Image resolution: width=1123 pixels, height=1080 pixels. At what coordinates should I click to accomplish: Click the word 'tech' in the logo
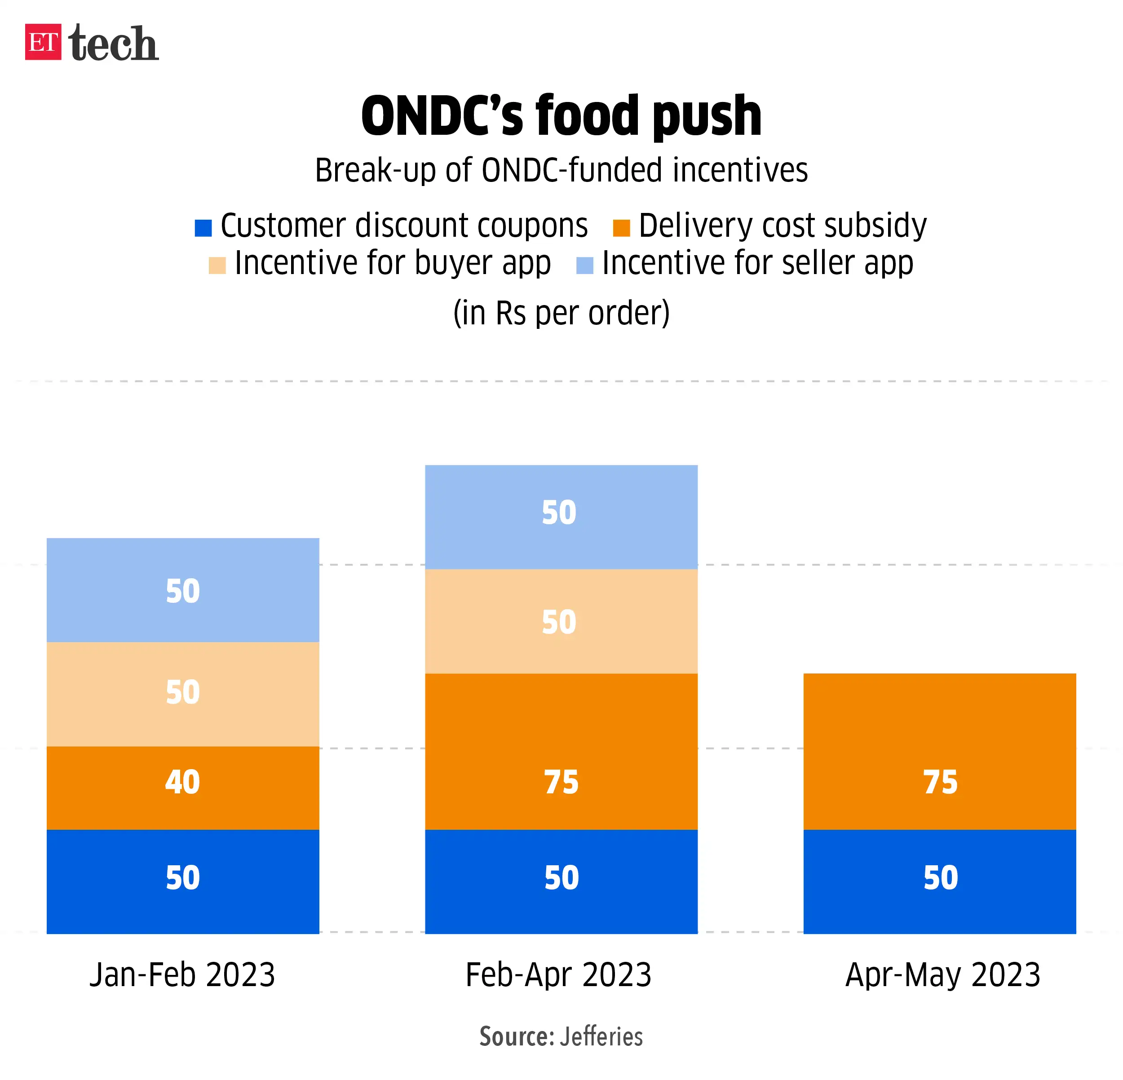tap(114, 44)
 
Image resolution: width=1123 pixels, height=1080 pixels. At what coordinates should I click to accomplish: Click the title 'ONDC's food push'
tap(561, 116)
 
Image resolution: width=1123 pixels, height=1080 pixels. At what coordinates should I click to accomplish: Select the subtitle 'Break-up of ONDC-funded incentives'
tap(561, 170)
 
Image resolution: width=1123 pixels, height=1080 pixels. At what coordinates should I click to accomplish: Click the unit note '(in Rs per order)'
tap(561, 313)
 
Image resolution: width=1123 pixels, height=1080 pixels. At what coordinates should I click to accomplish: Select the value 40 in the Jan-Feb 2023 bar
tap(182, 782)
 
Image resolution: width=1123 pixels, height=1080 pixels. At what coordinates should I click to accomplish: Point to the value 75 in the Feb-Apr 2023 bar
tap(561, 782)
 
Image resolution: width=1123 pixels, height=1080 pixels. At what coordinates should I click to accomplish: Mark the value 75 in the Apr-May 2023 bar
tap(940, 782)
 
